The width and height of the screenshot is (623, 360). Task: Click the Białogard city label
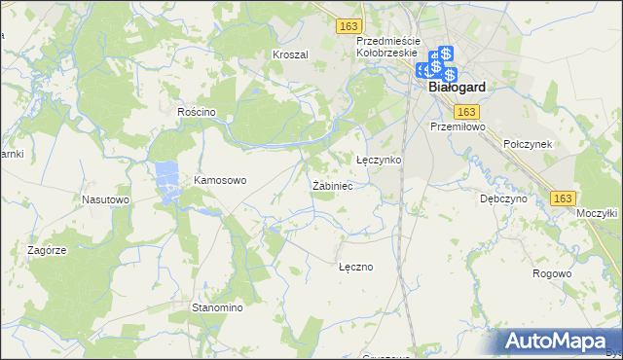458,87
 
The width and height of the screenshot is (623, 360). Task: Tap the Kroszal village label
290,55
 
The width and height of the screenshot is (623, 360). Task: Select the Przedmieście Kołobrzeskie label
387,47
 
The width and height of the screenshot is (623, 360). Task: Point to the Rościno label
196,112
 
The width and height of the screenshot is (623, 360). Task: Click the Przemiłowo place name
457,126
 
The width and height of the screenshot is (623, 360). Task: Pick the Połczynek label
528,143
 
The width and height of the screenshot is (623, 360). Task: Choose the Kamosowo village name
221,180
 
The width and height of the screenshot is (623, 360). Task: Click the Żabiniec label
332,185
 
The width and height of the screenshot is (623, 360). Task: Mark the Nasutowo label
105,199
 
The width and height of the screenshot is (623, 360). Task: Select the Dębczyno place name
503,198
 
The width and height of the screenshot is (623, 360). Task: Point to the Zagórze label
47,250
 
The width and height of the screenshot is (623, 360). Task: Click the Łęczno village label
355,266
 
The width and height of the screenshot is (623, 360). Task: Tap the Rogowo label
552,273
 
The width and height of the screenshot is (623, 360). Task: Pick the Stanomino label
216,307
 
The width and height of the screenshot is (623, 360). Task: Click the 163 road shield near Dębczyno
562,198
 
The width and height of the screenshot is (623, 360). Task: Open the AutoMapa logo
557,341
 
